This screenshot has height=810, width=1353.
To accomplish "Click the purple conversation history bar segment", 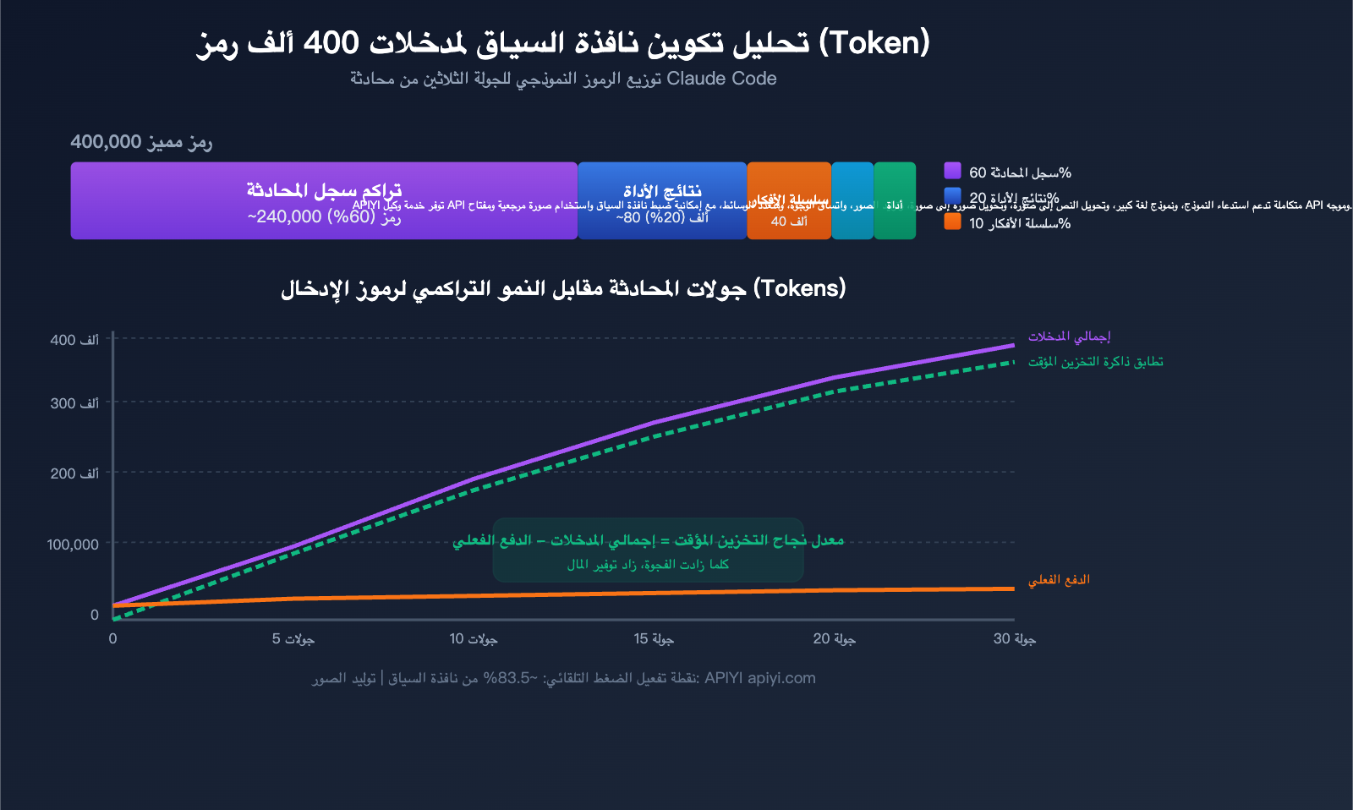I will (324, 200).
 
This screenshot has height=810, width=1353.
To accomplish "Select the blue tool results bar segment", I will (662, 200).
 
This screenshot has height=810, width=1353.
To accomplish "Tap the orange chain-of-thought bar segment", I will (789, 200).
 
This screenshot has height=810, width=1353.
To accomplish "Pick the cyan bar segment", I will (852, 200).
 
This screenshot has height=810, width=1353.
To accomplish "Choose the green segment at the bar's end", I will (895, 200).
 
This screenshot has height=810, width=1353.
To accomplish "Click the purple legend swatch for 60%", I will (952, 171).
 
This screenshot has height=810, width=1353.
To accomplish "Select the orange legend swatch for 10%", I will (952, 222).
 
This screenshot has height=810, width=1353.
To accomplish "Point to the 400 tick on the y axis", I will (74, 340).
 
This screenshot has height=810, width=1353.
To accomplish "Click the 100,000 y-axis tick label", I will (73, 545).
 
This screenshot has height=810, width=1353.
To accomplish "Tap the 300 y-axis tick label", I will (74, 403).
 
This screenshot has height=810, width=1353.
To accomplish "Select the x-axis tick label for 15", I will (654, 638).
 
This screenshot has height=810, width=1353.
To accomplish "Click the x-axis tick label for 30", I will (1014, 638).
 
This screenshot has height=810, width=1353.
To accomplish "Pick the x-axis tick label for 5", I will (293, 638).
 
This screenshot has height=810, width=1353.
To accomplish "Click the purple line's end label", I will (1069, 337).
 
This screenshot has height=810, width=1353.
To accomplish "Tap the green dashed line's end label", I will (1095, 362).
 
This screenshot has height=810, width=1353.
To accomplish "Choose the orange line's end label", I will (1059, 580).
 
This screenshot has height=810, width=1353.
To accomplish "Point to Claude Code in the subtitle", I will (721, 79).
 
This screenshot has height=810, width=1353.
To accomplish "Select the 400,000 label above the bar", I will (106, 141).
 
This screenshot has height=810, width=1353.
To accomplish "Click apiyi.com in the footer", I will (781, 678).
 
